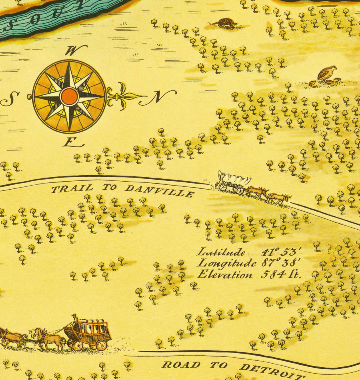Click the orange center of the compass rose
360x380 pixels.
69,96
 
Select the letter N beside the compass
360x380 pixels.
158,97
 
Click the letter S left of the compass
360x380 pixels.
10,98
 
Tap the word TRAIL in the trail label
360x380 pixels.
72,188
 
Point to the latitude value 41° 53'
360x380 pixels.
281,252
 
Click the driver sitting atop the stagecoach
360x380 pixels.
74,318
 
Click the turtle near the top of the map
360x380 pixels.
226,22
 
